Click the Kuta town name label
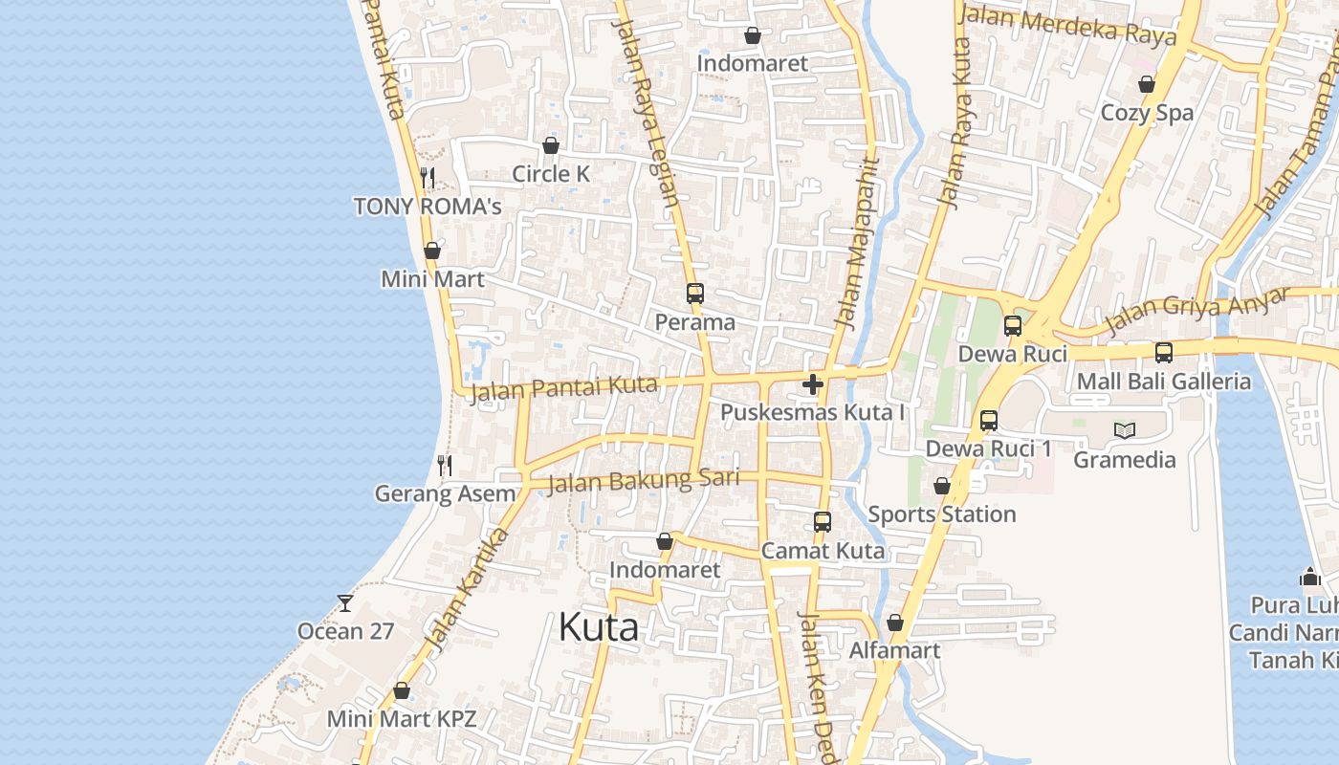[x=598, y=627]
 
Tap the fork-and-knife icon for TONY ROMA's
[x=428, y=178]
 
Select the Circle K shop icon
[x=551, y=145]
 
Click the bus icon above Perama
[x=695, y=294]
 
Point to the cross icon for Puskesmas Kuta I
[x=813, y=384]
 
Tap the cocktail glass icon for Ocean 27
[x=345, y=602]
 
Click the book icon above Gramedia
[x=1125, y=430]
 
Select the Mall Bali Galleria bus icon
[x=1164, y=353]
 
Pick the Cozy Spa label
[x=1147, y=113]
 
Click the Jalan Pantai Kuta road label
[x=564, y=388]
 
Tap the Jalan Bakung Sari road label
[x=643, y=480]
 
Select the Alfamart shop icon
[x=895, y=623]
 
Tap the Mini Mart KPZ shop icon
[x=402, y=690]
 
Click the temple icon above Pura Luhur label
[x=1310, y=577]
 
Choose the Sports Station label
[x=941, y=514]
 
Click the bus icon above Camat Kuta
[x=823, y=522]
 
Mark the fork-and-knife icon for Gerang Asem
[x=445, y=466]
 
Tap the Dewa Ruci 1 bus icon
[x=989, y=421]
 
